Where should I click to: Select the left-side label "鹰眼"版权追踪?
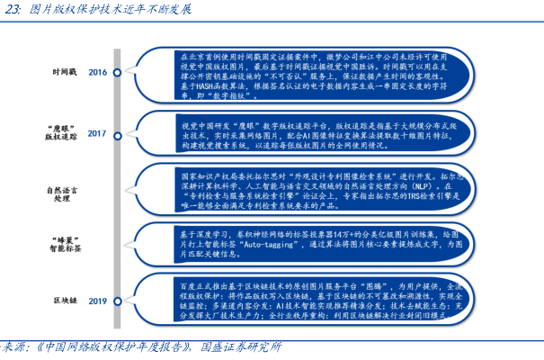point(62,133)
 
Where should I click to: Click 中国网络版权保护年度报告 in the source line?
point(118,347)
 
